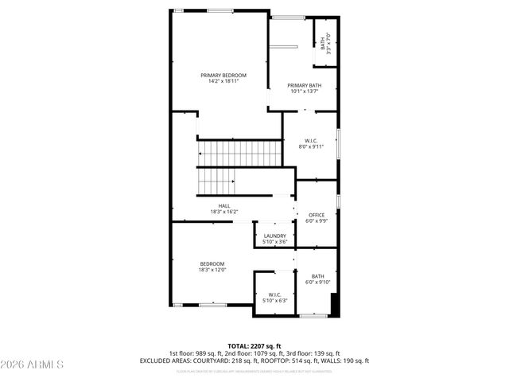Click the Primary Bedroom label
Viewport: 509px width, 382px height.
(223, 75)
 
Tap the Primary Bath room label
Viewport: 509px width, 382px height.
(305, 85)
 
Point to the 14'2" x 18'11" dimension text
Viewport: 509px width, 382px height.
(223, 81)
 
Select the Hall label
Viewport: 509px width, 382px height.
(224, 206)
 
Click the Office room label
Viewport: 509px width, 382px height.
(317, 215)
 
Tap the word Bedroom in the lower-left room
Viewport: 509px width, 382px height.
(212, 263)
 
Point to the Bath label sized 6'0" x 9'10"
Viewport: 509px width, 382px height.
(317, 276)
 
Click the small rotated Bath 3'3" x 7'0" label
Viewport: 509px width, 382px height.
(324, 45)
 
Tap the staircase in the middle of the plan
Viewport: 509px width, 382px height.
(231, 167)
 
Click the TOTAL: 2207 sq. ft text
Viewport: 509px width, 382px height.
(254, 345)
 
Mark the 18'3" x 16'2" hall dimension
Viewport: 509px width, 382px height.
(224, 212)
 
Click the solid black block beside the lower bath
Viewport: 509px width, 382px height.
(335, 305)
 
